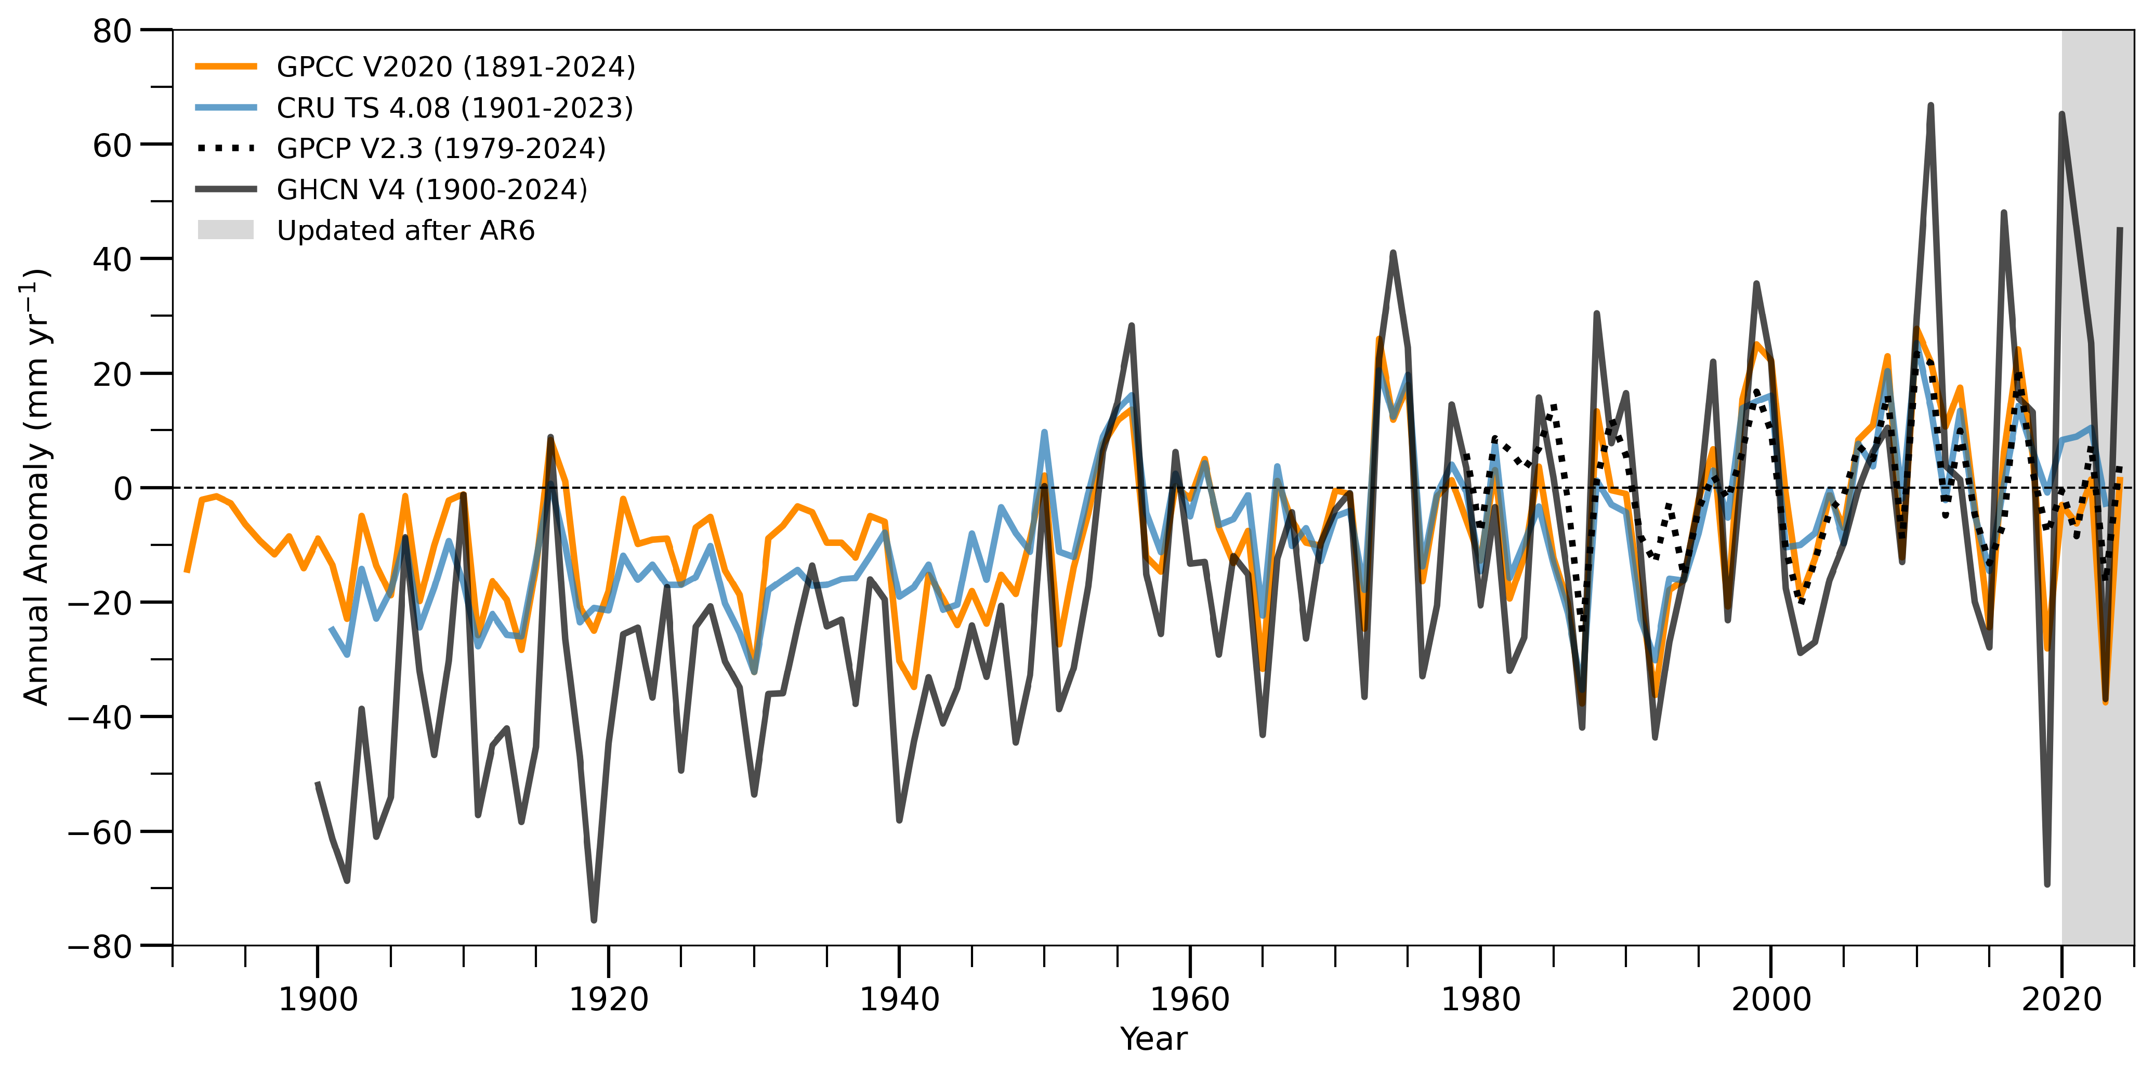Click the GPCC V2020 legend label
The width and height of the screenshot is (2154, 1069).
point(456,67)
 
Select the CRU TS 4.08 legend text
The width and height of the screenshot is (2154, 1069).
point(455,108)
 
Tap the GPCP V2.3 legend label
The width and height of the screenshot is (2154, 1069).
point(441,148)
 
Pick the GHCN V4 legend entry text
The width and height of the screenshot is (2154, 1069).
point(431,190)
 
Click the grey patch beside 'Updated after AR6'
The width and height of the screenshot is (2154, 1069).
point(226,230)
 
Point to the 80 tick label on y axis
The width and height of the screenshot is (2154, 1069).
point(113,31)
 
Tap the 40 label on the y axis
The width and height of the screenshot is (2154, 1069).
point(113,259)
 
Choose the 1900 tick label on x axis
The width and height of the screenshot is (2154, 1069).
point(318,999)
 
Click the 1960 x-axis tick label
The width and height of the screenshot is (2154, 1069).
point(1190,999)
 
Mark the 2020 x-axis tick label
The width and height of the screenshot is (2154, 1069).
point(2062,999)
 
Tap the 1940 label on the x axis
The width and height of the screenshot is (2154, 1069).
point(899,999)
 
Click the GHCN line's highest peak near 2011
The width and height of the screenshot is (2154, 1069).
point(1930,106)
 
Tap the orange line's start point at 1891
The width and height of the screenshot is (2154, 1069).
point(187,572)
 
